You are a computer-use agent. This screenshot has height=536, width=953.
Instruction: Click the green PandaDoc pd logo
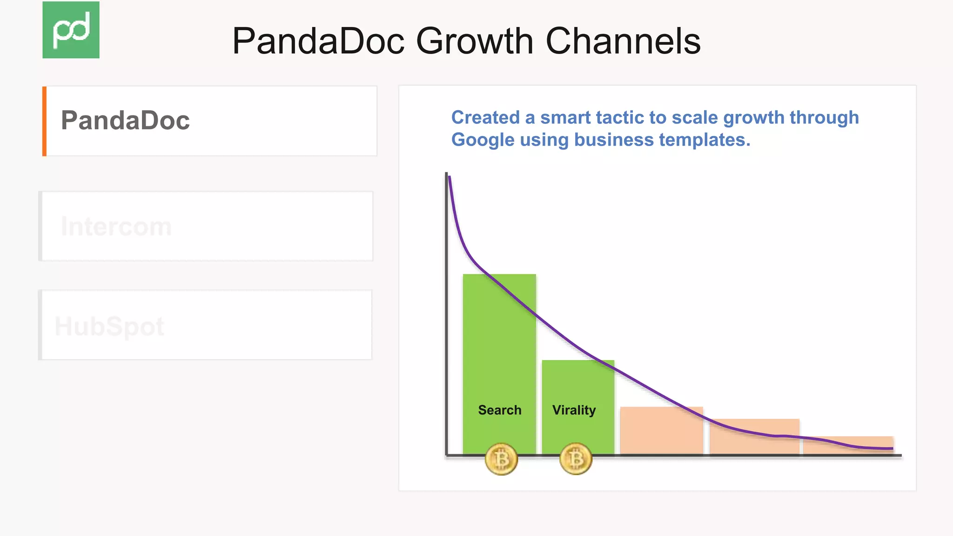[71, 30]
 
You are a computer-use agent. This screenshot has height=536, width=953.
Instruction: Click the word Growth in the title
[474, 41]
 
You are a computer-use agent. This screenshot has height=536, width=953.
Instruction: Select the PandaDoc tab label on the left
[125, 121]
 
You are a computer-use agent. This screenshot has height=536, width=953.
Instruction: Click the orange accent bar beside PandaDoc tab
[44, 121]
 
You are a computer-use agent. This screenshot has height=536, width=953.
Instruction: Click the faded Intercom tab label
[116, 227]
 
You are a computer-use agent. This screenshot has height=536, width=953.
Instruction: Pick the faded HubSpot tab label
[109, 326]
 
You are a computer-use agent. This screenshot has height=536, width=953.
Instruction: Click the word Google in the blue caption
[483, 140]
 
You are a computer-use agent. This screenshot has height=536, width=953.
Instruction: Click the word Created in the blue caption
[485, 117]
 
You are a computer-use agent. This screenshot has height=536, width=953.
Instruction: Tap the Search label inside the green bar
[499, 410]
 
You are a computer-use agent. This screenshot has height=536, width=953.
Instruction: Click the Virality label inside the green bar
[574, 410]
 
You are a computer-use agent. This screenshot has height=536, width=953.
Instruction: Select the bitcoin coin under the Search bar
[501, 459]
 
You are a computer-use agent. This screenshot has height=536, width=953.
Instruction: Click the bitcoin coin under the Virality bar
[576, 459]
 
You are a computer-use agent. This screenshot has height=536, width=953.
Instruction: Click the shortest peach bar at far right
[848, 445]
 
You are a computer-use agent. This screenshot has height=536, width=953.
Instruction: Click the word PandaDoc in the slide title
[318, 41]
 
